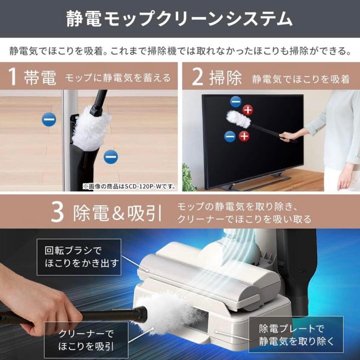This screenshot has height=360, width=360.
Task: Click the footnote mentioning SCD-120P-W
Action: [x=130, y=186]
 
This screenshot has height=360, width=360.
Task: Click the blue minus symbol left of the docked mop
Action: [x=49, y=119]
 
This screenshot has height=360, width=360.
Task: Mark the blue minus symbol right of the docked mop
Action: [x=111, y=157]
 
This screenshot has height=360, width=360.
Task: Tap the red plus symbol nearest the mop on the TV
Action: [x=247, y=109]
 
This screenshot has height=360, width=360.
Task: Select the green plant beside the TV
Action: [x=189, y=180]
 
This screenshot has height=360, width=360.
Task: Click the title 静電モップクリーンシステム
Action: [x=180, y=19]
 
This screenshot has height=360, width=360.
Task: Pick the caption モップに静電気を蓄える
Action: [x=118, y=78]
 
